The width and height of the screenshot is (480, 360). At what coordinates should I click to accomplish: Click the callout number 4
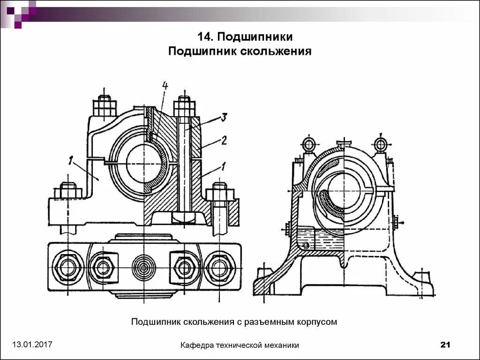tap(165, 86)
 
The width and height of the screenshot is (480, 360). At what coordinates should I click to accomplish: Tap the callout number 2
tap(224, 140)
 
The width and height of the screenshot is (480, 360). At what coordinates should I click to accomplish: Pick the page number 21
tap(445, 345)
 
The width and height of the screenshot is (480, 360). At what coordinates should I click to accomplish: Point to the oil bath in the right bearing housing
tap(319, 237)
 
